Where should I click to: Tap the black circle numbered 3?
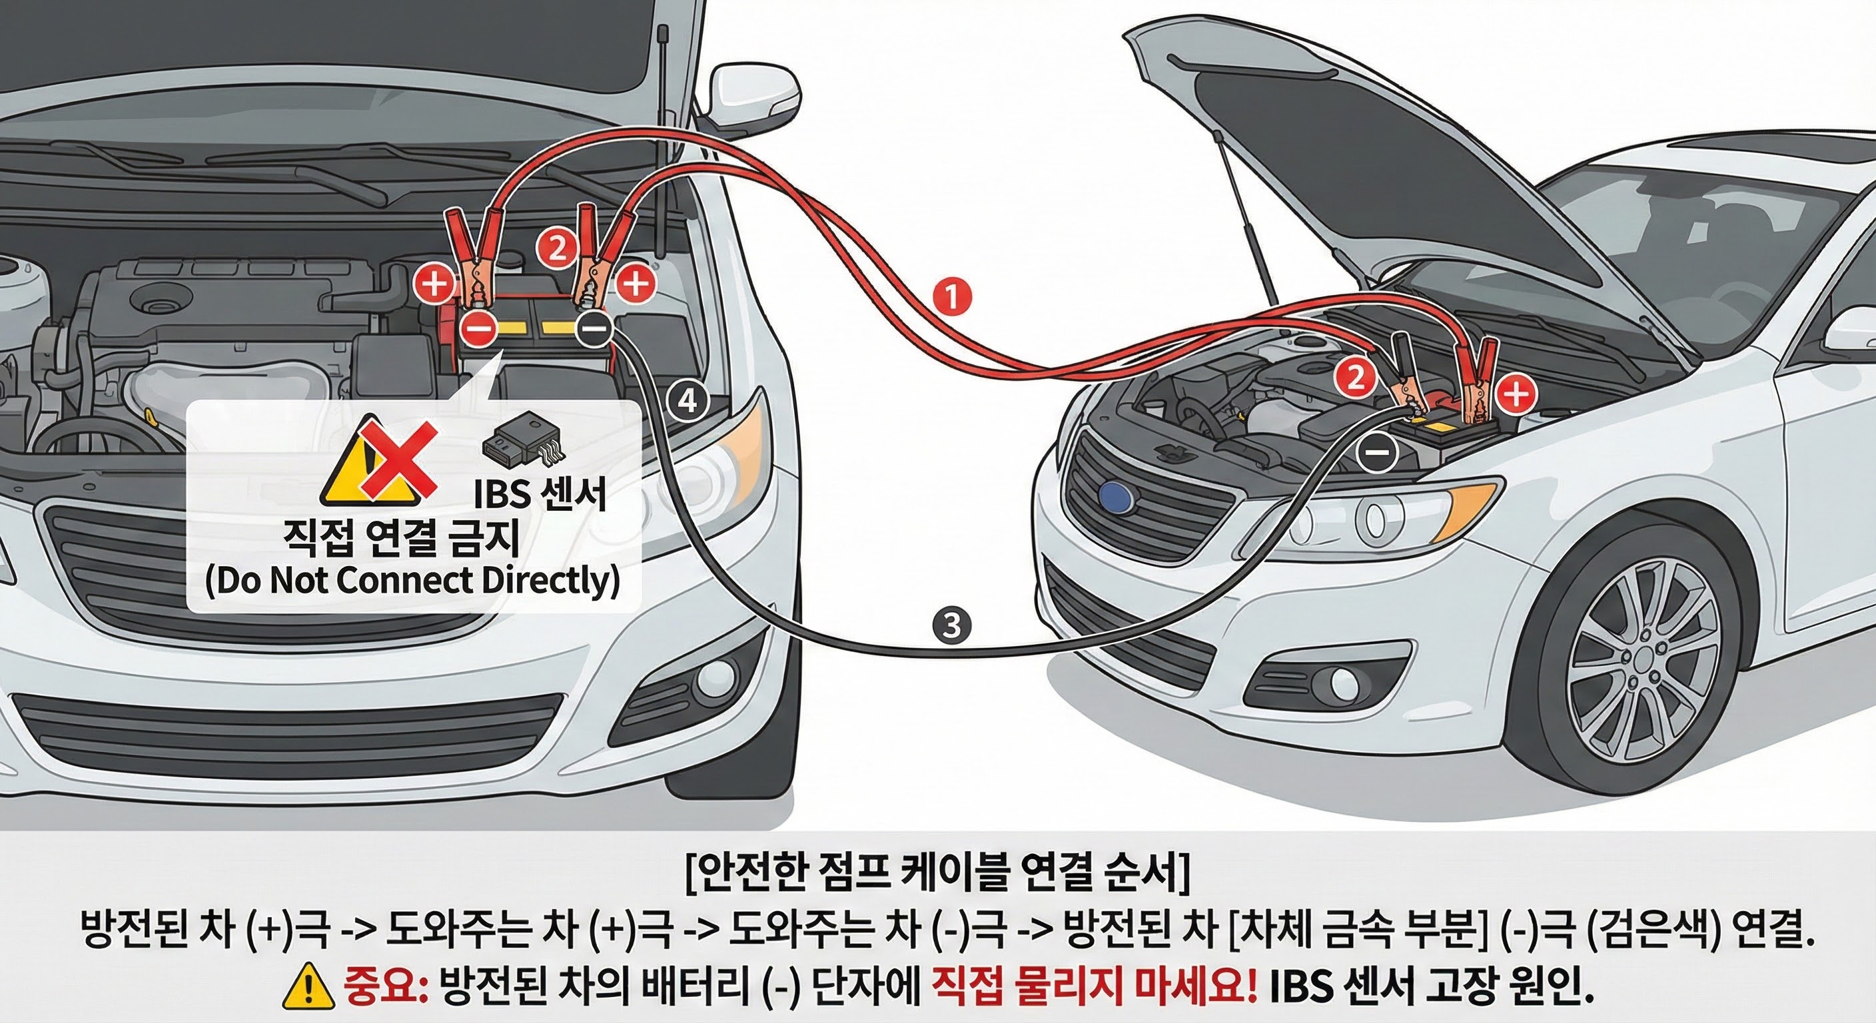(x=951, y=626)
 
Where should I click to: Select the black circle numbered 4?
(x=688, y=401)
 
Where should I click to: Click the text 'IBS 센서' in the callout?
(x=540, y=494)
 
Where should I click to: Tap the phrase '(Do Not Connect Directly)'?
(x=412, y=581)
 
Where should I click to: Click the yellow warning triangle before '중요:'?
(x=311, y=986)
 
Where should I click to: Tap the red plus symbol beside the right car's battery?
(x=1516, y=394)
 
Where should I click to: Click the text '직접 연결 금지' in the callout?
(x=401, y=539)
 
